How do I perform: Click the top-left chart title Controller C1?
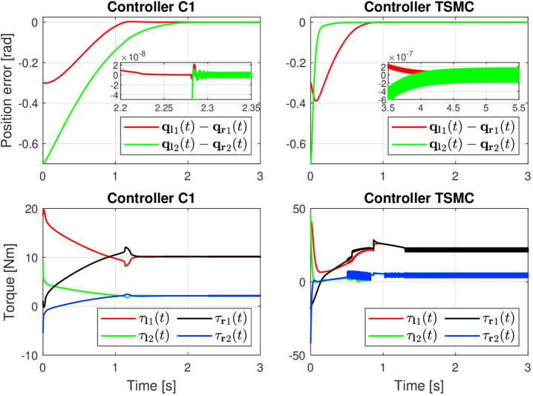pos(153,8)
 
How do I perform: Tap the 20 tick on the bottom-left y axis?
pos(30,209)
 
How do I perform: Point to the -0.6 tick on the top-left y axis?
pos(25,143)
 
